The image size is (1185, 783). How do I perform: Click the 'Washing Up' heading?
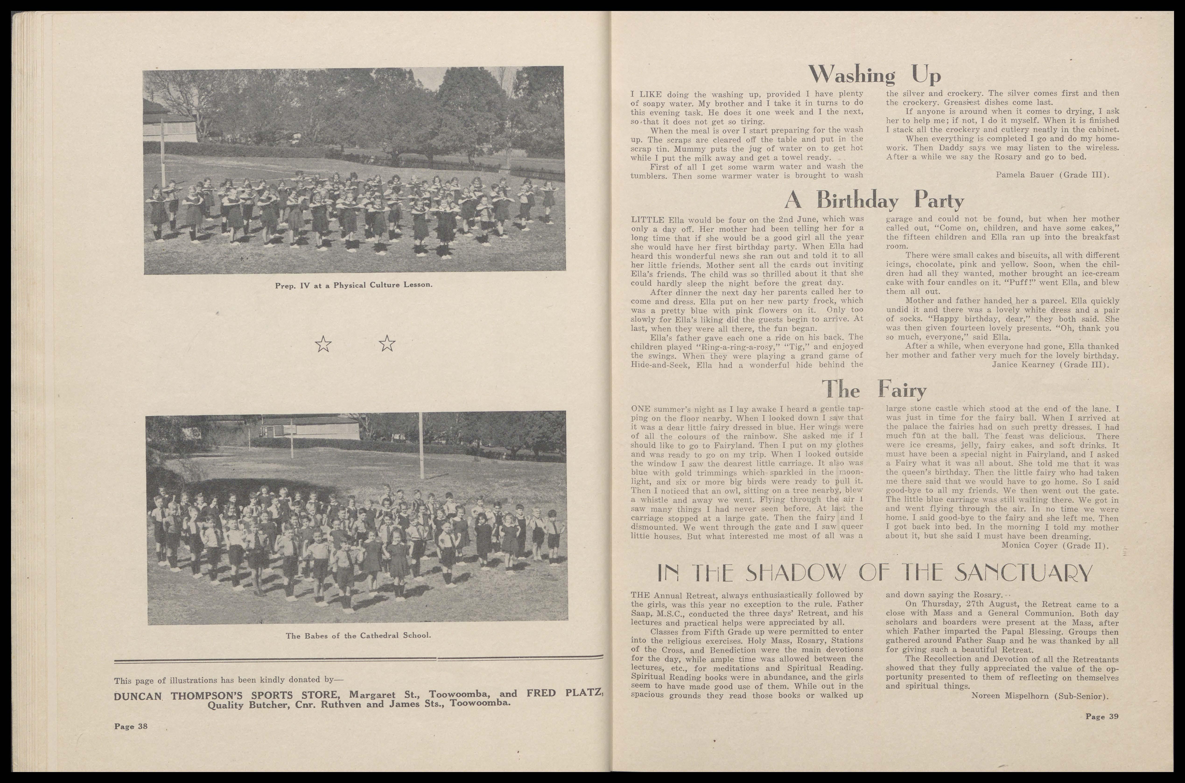pos(875,75)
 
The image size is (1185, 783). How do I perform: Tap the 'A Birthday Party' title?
pos(873,201)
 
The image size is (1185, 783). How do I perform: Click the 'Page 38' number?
pos(131,726)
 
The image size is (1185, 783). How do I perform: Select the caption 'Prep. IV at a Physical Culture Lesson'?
pos(353,285)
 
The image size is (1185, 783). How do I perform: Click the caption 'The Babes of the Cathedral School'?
pos(358,636)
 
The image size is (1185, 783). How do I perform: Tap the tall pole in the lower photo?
pos(421,444)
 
